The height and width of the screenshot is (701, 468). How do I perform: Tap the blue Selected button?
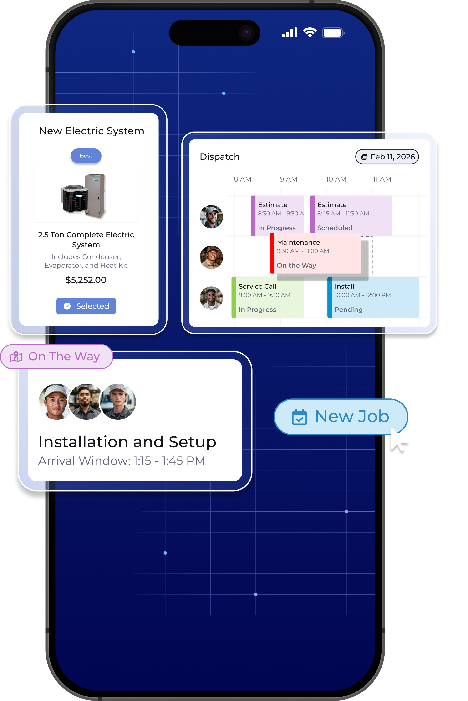(86, 306)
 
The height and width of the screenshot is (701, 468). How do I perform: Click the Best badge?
(86, 156)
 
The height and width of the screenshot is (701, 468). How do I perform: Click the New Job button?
(341, 417)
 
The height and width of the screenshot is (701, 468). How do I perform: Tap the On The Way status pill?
(57, 356)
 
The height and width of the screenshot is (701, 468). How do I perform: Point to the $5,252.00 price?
(86, 280)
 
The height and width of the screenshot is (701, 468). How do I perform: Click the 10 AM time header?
(336, 179)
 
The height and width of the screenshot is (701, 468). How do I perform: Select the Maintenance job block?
(315, 253)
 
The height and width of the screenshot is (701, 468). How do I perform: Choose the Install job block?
(373, 297)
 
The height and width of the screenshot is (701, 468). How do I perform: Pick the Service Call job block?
(267, 297)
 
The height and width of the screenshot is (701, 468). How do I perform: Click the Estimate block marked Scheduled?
(351, 215)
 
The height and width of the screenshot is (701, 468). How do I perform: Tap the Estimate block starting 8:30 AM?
(277, 215)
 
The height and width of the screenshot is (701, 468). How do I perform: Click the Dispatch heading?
(220, 157)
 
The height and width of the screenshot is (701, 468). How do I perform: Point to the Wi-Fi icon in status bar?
(310, 32)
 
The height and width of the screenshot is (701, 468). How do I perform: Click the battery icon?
(333, 33)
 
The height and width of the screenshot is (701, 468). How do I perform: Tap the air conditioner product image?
(83, 196)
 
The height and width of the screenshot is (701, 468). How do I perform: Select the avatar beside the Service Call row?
(211, 298)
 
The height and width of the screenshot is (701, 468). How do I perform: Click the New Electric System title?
(92, 131)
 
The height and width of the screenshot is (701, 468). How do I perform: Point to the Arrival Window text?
(122, 461)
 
